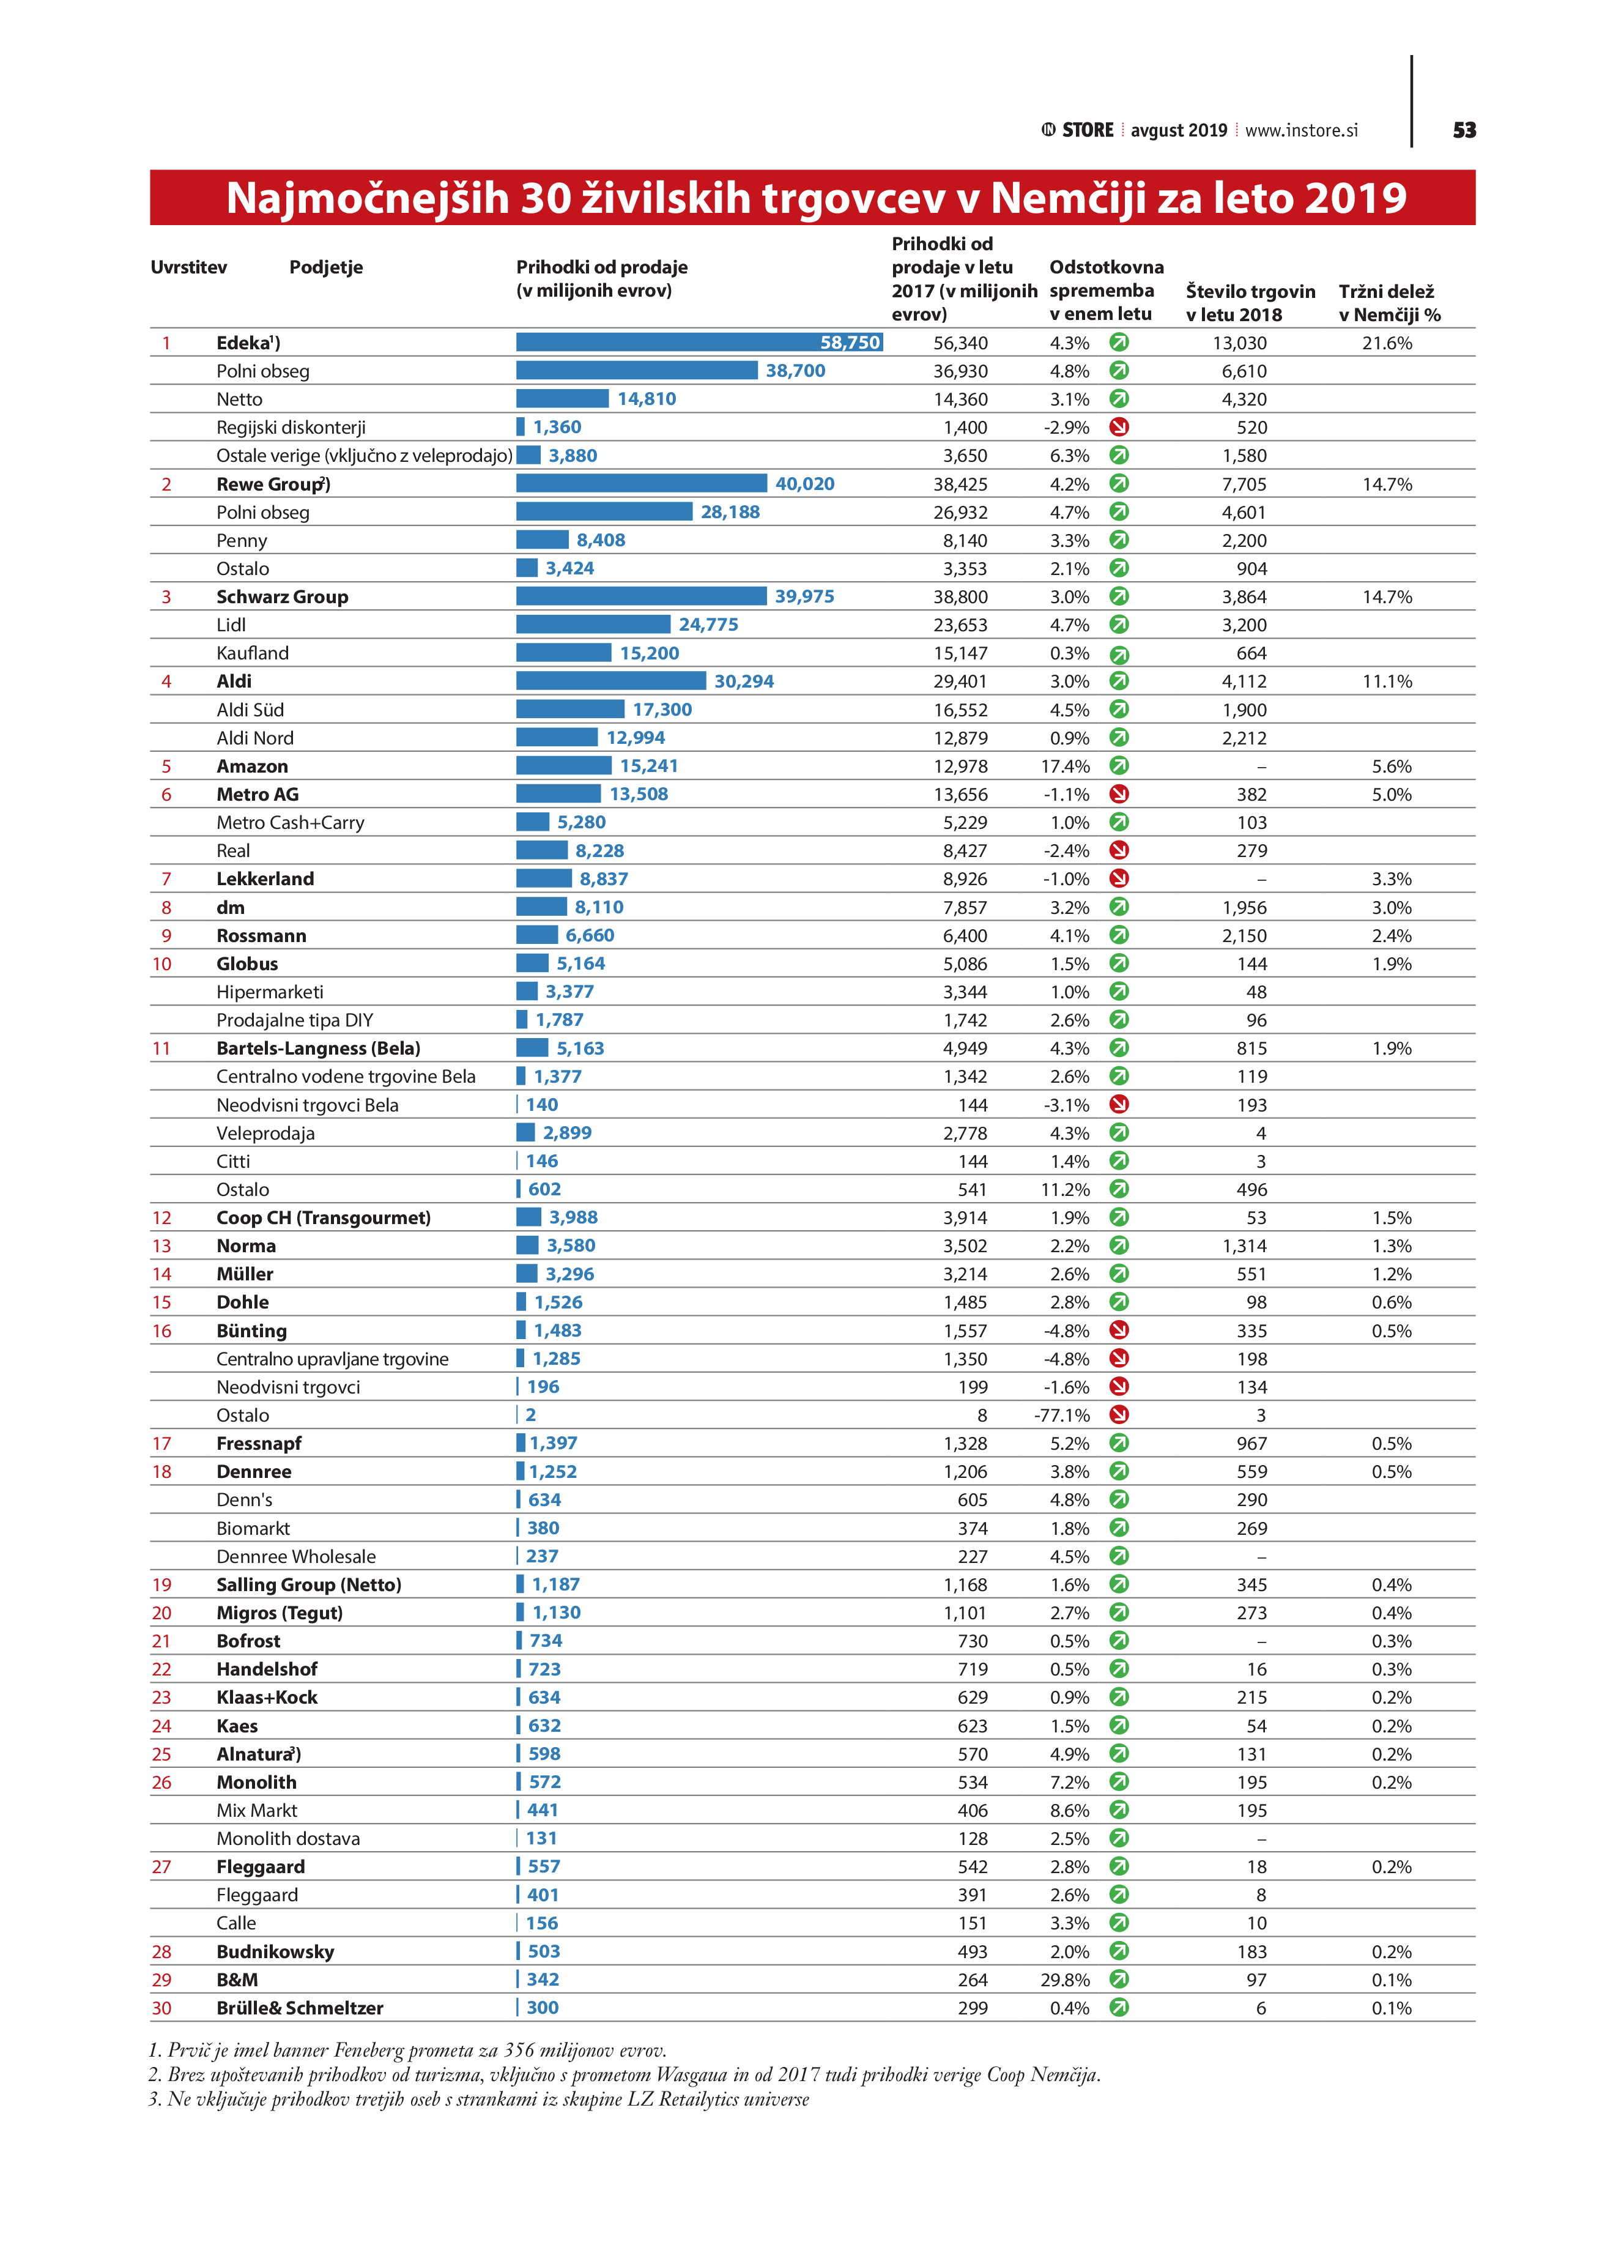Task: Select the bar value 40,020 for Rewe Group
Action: (x=804, y=484)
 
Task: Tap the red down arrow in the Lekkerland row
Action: (x=1118, y=879)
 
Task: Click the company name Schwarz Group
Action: (x=282, y=597)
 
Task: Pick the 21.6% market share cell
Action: (x=1387, y=343)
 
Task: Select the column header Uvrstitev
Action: (x=189, y=267)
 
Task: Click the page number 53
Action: (x=1464, y=130)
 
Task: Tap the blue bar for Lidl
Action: (x=593, y=625)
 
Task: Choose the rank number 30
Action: (x=162, y=2008)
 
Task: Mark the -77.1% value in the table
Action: (x=1062, y=1414)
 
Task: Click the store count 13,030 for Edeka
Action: (x=1240, y=343)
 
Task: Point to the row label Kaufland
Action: (x=252, y=653)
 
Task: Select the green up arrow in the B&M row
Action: (x=1118, y=1979)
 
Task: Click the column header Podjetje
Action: (x=326, y=267)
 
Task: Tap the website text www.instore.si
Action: (x=1301, y=130)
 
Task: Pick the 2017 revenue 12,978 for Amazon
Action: (x=960, y=766)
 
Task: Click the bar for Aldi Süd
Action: (x=570, y=709)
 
